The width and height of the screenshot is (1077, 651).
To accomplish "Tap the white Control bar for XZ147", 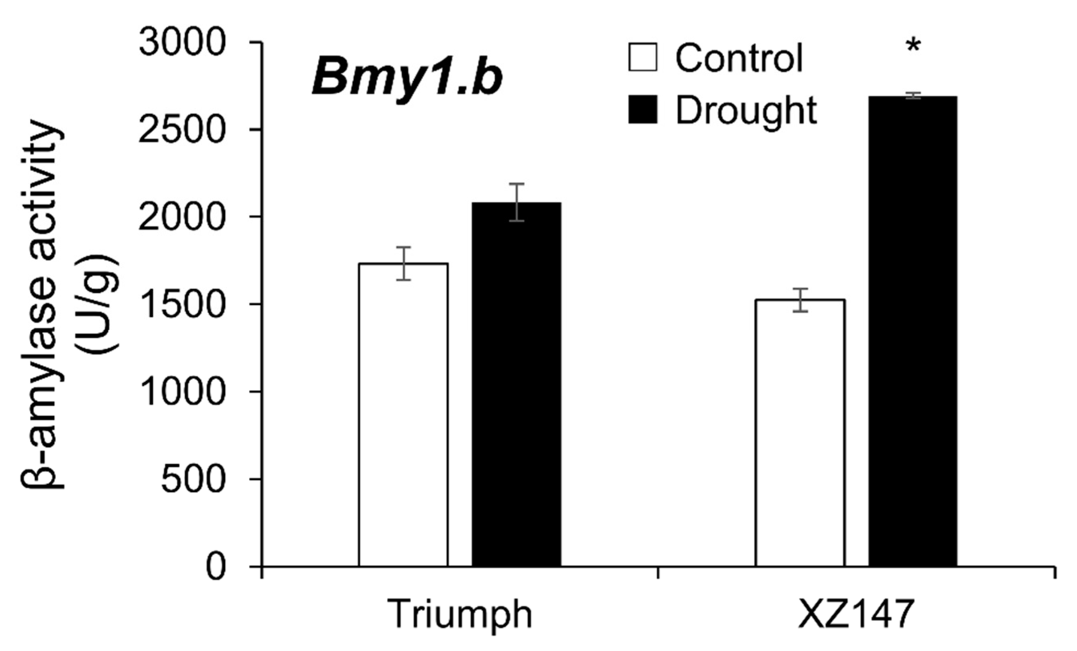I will [x=800, y=433].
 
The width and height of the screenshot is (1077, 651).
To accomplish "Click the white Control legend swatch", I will [x=642, y=57].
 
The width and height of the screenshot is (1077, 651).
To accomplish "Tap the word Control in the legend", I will [x=739, y=58].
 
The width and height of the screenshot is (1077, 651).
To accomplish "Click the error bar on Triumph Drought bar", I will [x=516, y=202].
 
